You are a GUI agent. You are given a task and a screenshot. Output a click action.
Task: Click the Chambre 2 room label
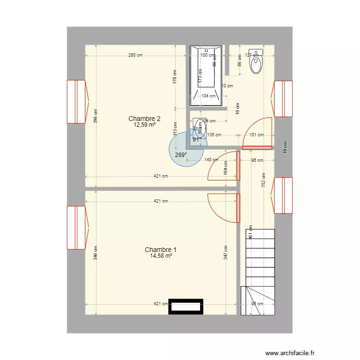[144, 119]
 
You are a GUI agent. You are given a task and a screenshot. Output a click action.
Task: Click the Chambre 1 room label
[161, 250]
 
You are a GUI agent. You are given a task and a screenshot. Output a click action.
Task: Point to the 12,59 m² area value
[144, 125]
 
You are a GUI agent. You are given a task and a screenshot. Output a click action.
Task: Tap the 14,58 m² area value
[161, 256]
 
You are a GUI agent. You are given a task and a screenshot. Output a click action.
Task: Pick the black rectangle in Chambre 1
[185, 307]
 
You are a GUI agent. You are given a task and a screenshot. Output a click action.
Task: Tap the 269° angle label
[180, 155]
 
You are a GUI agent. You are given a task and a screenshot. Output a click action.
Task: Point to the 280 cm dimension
[135, 55]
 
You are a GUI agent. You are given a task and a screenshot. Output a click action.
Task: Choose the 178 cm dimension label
[175, 77]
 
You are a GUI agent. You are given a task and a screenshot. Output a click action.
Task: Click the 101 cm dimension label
[256, 135]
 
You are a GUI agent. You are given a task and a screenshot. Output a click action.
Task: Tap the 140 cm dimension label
[211, 160]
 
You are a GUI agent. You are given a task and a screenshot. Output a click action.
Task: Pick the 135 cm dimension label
[214, 135]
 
